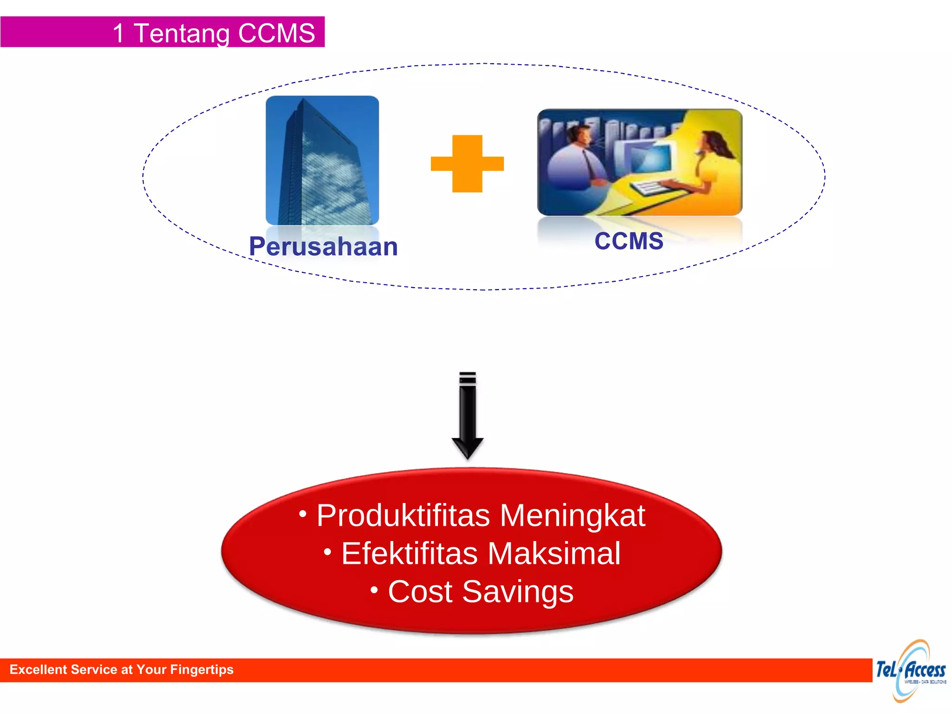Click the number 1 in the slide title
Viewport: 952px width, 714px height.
(119, 33)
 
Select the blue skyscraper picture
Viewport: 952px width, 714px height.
(322, 160)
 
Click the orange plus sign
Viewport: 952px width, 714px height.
(467, 164)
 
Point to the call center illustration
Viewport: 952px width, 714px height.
(640, 162)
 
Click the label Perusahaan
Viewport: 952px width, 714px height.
(324, 246)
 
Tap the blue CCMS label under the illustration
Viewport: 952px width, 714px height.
(629, 241)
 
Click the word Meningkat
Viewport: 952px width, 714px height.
(573, 516)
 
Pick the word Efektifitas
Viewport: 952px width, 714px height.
(410, 554)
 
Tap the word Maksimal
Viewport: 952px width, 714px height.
(554, 554)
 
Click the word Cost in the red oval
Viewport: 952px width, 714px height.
(420, 592)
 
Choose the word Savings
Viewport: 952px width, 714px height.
(518, 592)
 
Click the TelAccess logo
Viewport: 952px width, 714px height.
(911, 671)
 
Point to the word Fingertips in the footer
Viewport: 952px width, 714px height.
(202, 669)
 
